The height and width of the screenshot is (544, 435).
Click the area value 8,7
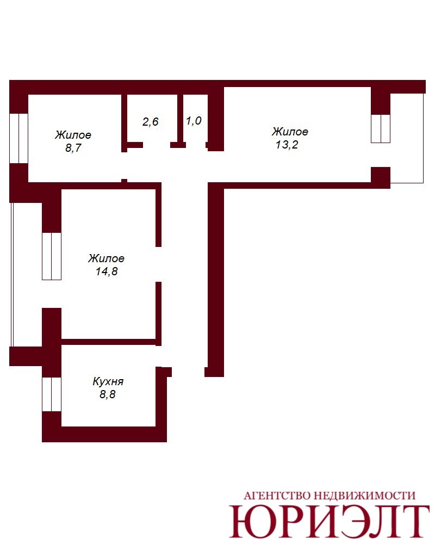pyautogui.click(x=73, y=148)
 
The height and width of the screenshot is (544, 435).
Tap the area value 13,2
pyautogui.click(x=287, y=144)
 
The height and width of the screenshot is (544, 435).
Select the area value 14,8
pyautogui.click(x=107, y=271)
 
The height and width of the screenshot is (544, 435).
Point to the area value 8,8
pyautogui.click(x=108, y=394)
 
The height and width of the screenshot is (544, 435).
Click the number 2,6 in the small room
pyautogui.click(x=151, y=121)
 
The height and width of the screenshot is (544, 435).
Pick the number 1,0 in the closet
pyautogui.click(x=194, y=121)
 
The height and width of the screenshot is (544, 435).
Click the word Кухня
pyautogui.click(x=108, y=381)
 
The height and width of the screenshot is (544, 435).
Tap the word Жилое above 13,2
pyautogui.click(x=290, y=132)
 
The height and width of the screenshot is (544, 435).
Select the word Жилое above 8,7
pyautogui.click(x=73, y=134)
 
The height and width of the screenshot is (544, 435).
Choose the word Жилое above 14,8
pyautogui.click(x=106, y=258)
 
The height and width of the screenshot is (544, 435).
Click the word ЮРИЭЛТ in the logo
pyautogui.click(x=329, y=521)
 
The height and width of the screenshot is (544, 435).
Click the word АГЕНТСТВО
pyautogui.click(x=277, y=496)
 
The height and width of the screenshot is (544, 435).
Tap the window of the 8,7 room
pyautogui.click(x=18, y=138)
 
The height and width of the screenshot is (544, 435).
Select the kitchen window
pyautogui.click(x=52, y=394)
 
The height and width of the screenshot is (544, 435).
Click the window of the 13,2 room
pyautogui.click(x=381, y=128)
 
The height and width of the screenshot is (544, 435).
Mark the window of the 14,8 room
pyautogui.click(x=52, y=256)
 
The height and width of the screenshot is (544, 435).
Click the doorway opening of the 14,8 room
pyautogui.click(x=158, y=264)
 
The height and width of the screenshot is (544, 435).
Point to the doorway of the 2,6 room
pyautogui.click(x=157, y=145)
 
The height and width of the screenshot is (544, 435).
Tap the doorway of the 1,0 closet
pyautogui.click(x=196, y=145)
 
